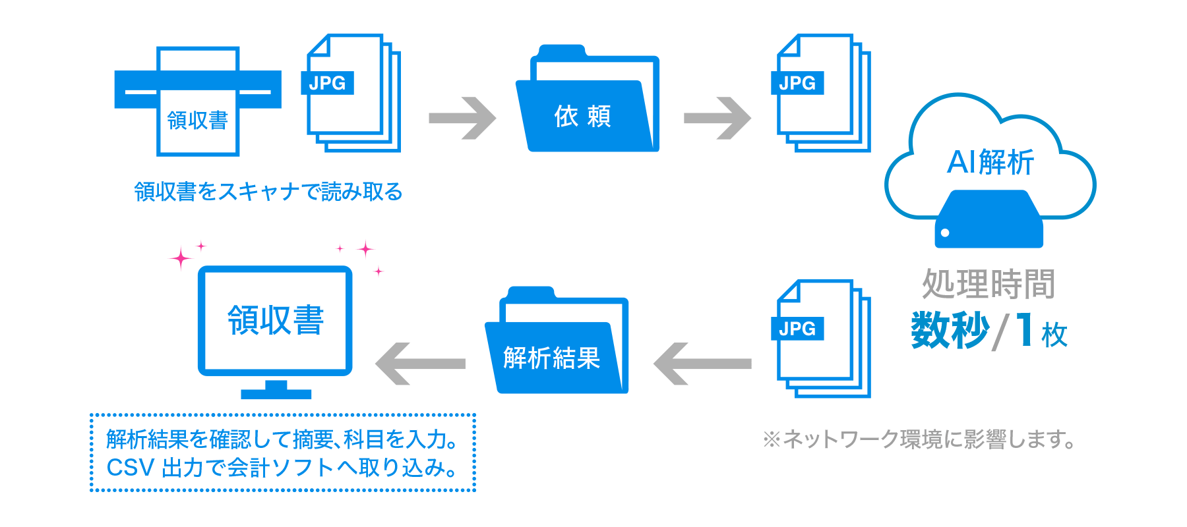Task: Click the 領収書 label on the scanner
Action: pyautogui.click(x=197, y=121)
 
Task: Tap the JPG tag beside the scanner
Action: pyautogui.click(x=327, y=83)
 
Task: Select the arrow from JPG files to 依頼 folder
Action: pyautogui.click(x=462, y=119)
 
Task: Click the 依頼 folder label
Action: pyautogui.click(x=582, y=117)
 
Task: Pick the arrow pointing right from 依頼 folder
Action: pyautogui.click(x=717, y=119)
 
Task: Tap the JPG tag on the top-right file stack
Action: pyautogui.click(x=797, y=83)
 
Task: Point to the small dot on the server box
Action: pyautogui.click(x=945, y=233)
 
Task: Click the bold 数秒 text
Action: pyautogui.click(x=950, y=329)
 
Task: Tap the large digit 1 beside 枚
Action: pyautogui.click(x=1024, y=329)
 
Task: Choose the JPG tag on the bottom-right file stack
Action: pyautogui.click(x=797, y=329)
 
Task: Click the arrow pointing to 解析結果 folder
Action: pyautogui.click(x=702, y=364)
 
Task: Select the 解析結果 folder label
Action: pyautogui.click(x=551, y=358)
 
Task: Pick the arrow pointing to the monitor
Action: pyautogui.click(x=420, y=364)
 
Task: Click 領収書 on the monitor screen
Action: pyautogui.click(x=276, y=321)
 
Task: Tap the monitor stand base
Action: pyautogui.click(x=276, y=394)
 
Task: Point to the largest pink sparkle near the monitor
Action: pyautogui.click(x=180, y=258)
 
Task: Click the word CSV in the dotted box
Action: pyautogui.click(x=131, y=468)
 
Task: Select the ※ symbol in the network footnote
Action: pyautogui.click(x=771, y=439)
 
